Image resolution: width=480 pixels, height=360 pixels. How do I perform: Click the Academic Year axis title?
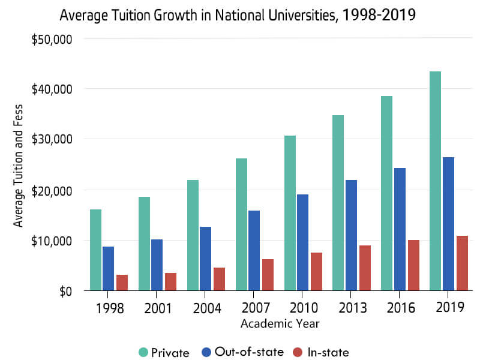(280, 324)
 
